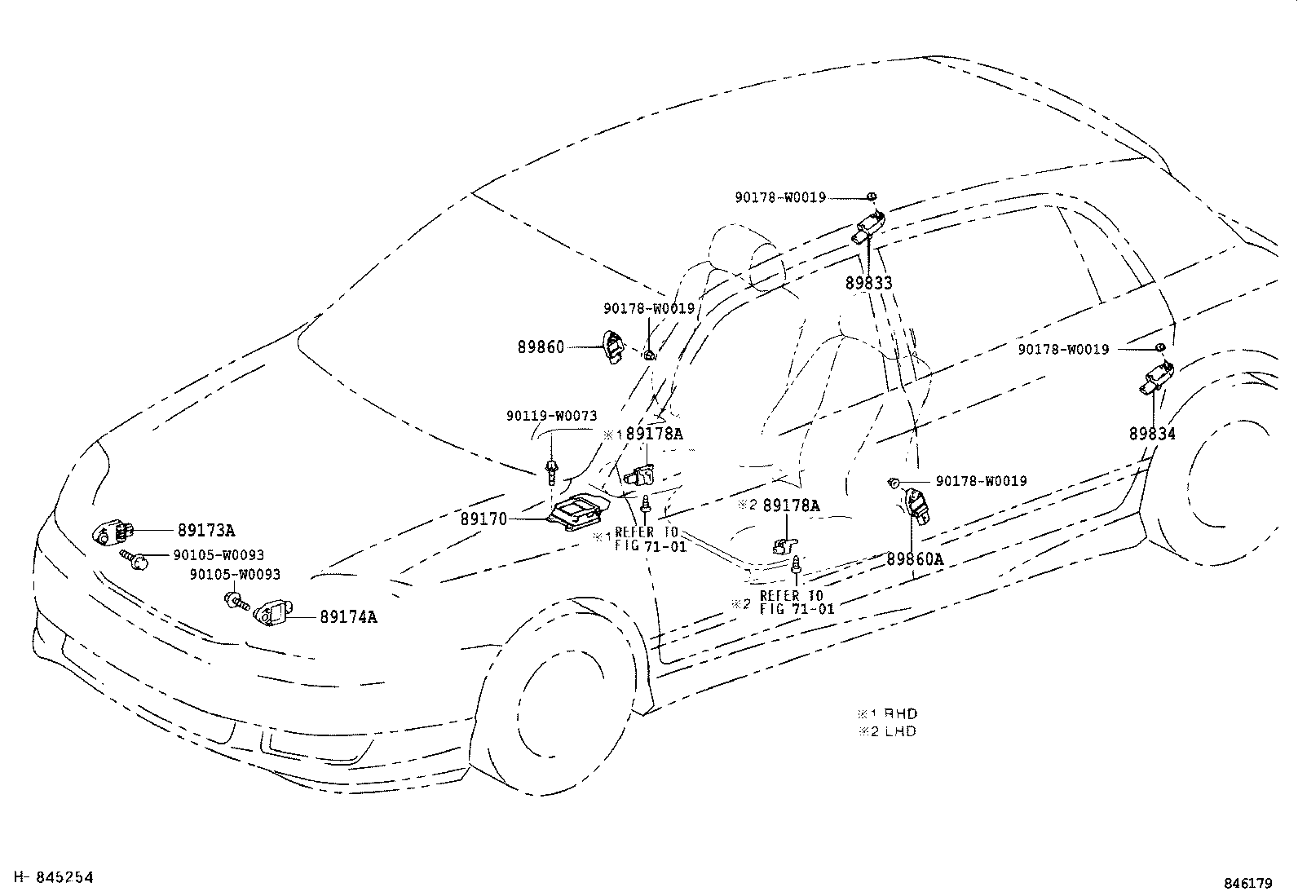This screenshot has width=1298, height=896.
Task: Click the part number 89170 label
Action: tap(483, 519)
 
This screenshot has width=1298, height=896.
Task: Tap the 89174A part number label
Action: tap(348, 617)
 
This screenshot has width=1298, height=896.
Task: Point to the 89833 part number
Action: tap(868, 283)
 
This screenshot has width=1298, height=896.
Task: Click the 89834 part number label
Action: tap(1152, 434)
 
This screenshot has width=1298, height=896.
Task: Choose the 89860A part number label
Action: tap(914, 559)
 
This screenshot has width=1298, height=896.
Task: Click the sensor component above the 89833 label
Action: tap(868, 227)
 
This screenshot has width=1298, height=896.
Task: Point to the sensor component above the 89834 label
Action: tap(1158, 379)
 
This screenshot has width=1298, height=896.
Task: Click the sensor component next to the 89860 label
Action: tap(611, 347)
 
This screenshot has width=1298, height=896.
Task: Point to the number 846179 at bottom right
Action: tap(1247, 883)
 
